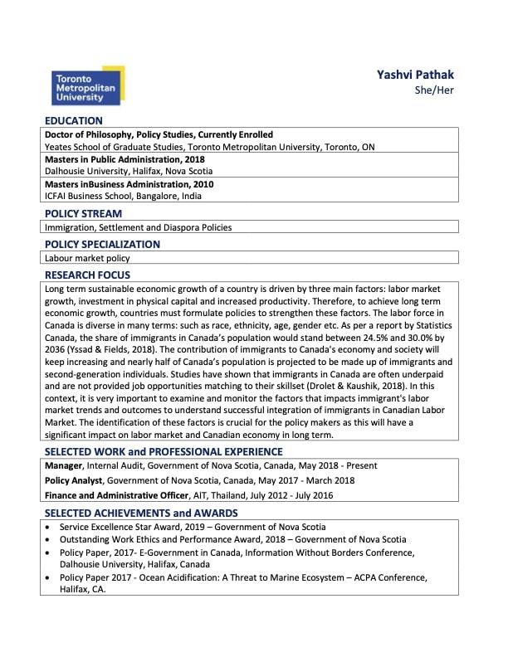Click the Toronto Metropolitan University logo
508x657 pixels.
click(86, 85)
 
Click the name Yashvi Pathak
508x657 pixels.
click(416, 75)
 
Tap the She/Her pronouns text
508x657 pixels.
click(434, 90)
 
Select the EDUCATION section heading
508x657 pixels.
click(74, 121)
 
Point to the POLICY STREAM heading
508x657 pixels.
click(85, 213)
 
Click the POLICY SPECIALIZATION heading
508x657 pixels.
click(102, 245)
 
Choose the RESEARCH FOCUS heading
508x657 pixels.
click(87, 275)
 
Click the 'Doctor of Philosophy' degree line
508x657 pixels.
click(159, 134)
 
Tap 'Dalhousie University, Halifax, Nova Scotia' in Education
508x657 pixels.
click(128, 172)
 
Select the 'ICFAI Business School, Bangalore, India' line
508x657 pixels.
click(123, 197)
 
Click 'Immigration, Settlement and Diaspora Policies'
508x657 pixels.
click(138, 227)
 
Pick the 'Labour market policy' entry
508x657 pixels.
click(87, 258)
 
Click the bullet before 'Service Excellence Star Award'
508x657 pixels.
click(51, 527)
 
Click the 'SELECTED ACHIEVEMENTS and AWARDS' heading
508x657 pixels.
click(141, 513)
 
